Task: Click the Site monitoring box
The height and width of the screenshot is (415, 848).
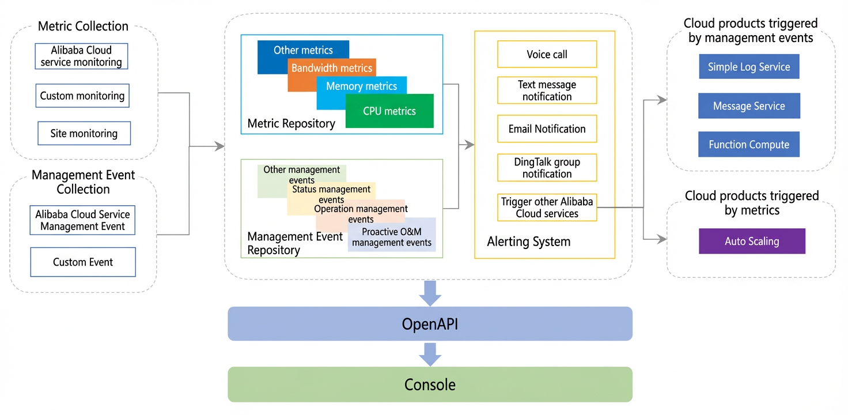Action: (x=84, y=133)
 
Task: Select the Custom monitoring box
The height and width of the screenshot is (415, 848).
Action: (x=82, y=96)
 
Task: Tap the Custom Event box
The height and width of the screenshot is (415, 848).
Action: (x=83, y=262)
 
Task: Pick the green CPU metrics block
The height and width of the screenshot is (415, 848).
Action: (x=389, y=111)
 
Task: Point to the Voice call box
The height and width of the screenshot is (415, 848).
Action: (x=547, y=54)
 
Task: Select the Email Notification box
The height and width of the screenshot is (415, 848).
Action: (x=547, y=129)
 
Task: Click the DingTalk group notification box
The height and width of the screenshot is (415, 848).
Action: (x=547, y=168)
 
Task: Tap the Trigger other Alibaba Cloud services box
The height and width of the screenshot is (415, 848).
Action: (x=547, y=207)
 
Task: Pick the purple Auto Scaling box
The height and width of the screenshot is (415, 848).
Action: (x=752, y=241)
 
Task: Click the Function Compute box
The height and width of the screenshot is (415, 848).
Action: (x=749, y=144)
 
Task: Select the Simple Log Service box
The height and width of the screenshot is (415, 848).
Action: (x=749, y=67)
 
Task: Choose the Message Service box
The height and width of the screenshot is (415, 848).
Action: (x=749, y=105)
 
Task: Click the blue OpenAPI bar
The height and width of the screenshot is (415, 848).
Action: (x=430, y=324)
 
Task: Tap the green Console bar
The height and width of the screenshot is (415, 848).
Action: (x=430, y=384)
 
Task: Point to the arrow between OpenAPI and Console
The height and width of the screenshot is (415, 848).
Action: (x=430, y=354)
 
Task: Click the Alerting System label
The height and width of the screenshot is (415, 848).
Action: (x=528, y=242)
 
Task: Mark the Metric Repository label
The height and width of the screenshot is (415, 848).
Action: (x=291, y=123)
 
